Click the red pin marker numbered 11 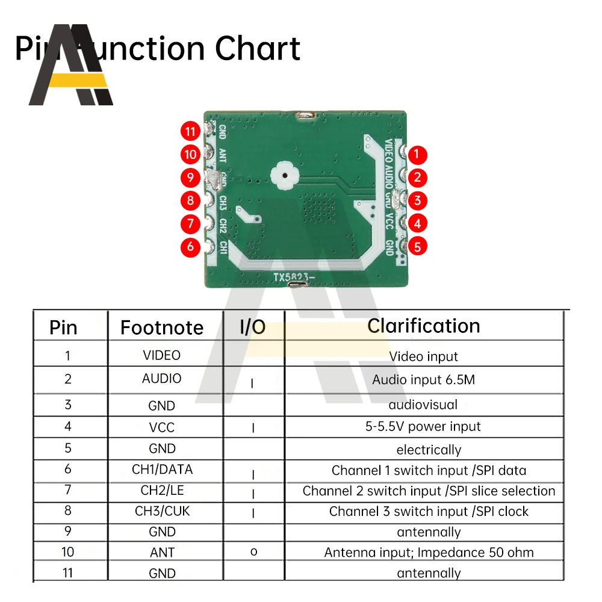pyautogui.click(x=191, y=131)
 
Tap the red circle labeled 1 pyautogui.click(x=417, y=155)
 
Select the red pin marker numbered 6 pyautogui.click(x=191, y=246)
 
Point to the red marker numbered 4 pyautogui.click(x=417, y=223)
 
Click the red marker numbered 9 pyautogui.click(x=191, y=178)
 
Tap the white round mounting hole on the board pyautogui.click(x=283, y=175)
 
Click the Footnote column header pyautogui.click(x=162, y=327)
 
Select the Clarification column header pyautogui.click(x=424, y=326)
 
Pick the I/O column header pyautogui.click(x=253, y=327)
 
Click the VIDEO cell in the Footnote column pyautogui.click(x=162, y=355)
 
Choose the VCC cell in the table pyautogui.click(x=162, y=427)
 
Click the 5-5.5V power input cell pyautogui.click(x=424, y=427)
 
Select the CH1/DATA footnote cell pyautogui.click(x=162, y=470)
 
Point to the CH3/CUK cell pyautogui.click(x=162, y=512)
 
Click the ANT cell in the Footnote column pyautogui.click(x=162, y=552)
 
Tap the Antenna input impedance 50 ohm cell pyautogui.click(x=429, y=552)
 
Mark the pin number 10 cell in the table pyautogui.click(x=67, y=552)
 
